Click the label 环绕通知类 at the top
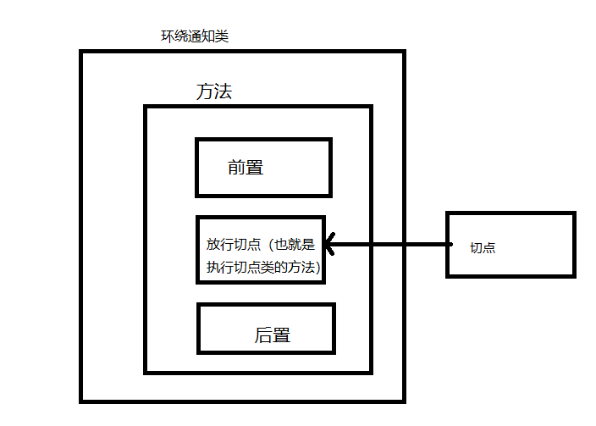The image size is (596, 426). pos(195,36)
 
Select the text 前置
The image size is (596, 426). pos(246,168)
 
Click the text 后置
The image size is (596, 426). pos(273,335)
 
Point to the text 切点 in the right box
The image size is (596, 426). pos(483,248)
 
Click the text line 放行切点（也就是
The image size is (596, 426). pos(260,245)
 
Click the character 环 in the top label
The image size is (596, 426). pos(168,36)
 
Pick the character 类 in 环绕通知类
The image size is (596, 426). pos(223,36)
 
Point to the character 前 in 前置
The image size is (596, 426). pos(236,168)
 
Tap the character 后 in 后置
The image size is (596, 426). pos(263,335)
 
